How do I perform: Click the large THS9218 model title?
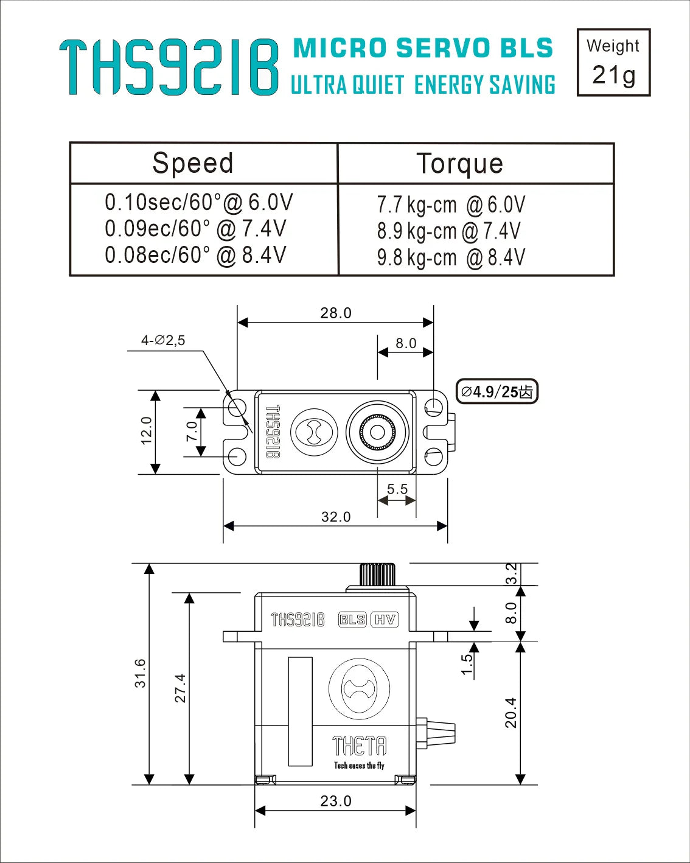pos(169,68)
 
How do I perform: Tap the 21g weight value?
pos(613,75)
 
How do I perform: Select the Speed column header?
pos(193,163)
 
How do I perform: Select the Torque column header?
pos(459,164)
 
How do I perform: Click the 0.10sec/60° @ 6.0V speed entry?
pos(198,202)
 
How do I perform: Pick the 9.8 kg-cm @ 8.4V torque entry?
pos(450,257)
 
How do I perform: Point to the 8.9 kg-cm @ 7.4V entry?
pos(448,231)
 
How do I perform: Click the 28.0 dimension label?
pos(336,313)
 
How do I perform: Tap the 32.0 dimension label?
pos(336,517)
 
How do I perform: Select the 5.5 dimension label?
pos(397,489)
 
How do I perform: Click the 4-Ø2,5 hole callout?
pos(163,341)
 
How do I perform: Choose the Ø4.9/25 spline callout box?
pos(497,391)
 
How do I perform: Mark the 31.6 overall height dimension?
pos(141,673)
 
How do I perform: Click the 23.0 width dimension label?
pos(336,801)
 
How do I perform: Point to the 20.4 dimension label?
pos(511,713)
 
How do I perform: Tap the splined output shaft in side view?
pos(377,575)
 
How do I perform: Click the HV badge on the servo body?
pos(385,620)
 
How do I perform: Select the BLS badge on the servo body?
pos(352,620)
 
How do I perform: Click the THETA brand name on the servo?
pos(359,746)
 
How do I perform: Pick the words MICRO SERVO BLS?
pos(423,49)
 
